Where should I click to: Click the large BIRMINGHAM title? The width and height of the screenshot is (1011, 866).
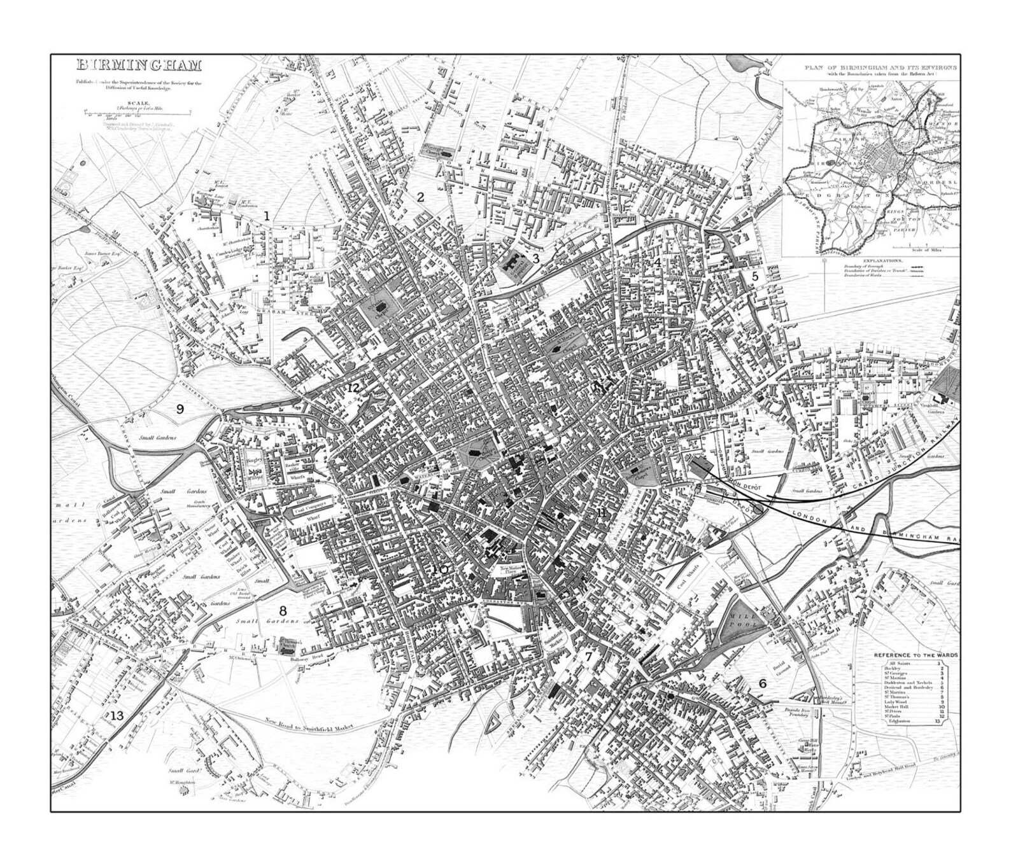[139, 65]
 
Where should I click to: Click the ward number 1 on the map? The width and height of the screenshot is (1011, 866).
[267, 216]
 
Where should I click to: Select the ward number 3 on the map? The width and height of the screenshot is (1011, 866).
[536, 258]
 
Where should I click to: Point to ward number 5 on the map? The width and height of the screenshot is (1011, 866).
[755, 276]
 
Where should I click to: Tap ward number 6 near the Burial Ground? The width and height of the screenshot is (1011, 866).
[761, 683]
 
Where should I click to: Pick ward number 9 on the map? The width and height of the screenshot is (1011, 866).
[180, 409]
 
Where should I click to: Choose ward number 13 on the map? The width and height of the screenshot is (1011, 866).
[117, 716]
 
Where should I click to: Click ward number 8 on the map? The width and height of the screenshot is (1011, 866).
[283, 611]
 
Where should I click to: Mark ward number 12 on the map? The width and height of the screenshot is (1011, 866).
[353, 388]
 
